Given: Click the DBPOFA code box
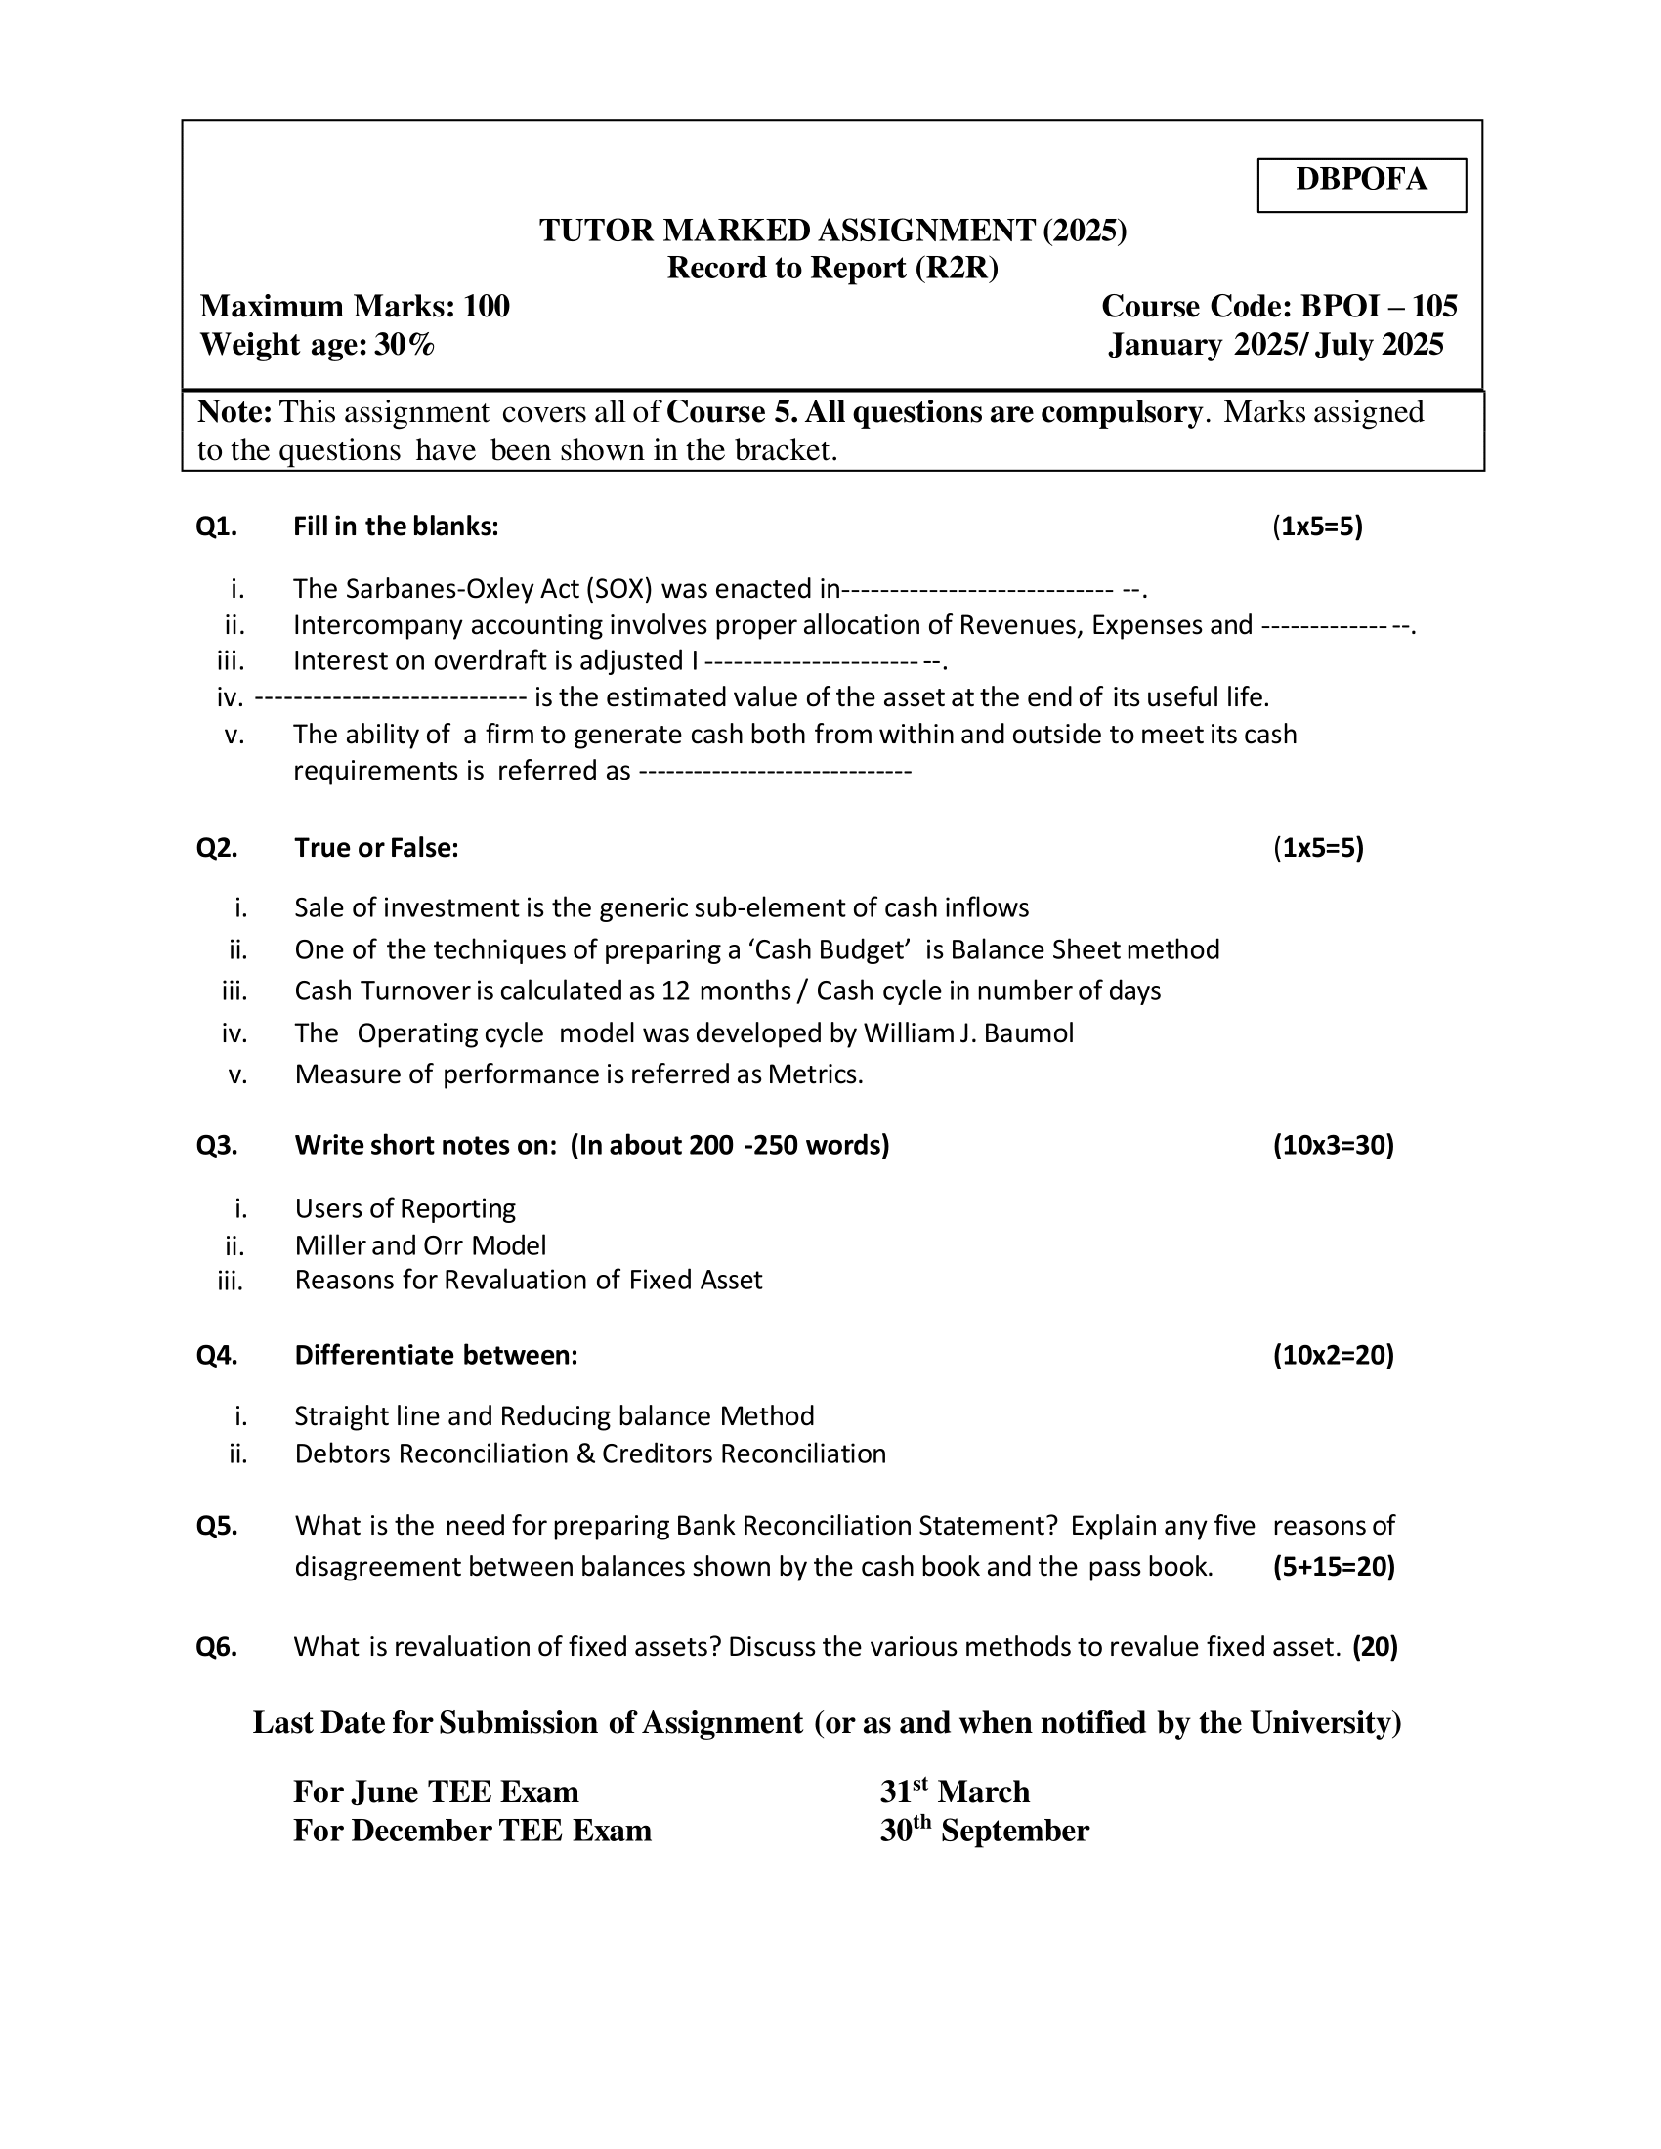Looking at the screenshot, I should [1361, 184].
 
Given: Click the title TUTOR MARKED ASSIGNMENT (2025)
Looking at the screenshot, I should [832, 231].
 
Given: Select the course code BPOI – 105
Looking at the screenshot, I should [1379, 306].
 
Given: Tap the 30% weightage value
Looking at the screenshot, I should [405, 345].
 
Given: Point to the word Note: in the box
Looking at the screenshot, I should [234, 412].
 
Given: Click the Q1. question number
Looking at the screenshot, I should [217, 527].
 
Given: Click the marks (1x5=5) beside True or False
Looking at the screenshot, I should [1318, 847].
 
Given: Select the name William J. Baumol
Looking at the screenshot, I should [968, 1032].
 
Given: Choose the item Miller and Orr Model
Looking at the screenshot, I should [420, 1244].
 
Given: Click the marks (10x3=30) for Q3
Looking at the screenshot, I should [1334, 1145].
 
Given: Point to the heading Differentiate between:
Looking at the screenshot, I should [436, 1355].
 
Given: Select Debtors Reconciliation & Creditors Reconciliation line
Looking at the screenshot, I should [590, 1454].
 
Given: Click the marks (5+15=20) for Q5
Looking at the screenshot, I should [1334, 1566].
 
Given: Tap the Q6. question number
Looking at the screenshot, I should [217, 1646].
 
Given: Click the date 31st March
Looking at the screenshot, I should [955, 1791].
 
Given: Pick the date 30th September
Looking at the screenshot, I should [984, 1831].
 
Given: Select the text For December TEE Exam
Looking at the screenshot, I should [472, 1831].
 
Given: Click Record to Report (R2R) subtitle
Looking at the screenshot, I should [832, 268].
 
